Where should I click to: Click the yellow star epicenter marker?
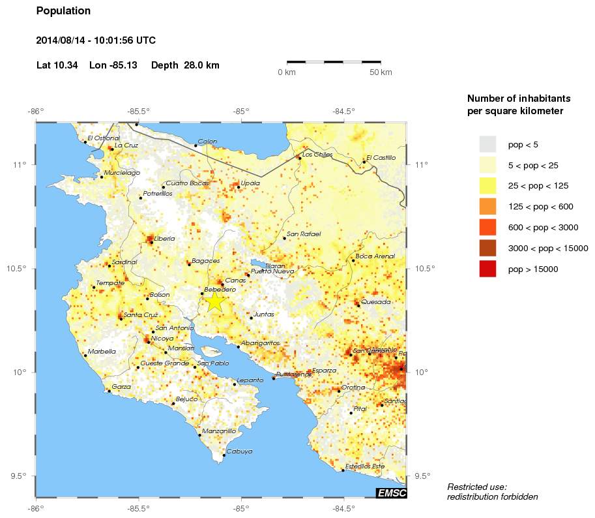pos(215,301)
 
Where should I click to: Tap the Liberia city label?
pos(164,239)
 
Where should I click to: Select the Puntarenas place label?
pos(293,374)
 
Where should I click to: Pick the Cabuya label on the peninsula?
pos(239,451)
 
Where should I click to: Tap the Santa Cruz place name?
pos(141,315)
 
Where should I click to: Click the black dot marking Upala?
pos(239,187)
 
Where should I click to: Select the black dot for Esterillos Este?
pos(343,470)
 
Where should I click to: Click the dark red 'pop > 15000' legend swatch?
pos(487,269)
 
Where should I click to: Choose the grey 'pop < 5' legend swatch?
pos(487,144)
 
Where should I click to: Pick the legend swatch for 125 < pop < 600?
pos(487,207)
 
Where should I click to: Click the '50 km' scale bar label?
pos(381,72)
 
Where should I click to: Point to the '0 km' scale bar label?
pos(287,72)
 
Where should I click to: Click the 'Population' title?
pos(63,11)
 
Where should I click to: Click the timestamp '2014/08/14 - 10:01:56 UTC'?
pos(95,40)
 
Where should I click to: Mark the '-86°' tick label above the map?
pos(35,111)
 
